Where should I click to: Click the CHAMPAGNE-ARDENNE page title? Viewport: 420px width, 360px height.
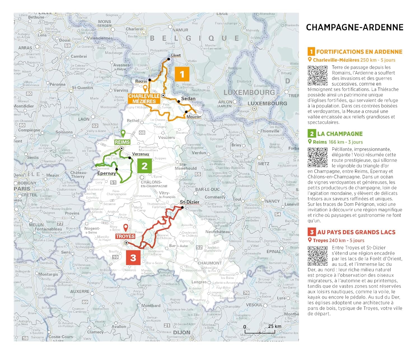[354, 27]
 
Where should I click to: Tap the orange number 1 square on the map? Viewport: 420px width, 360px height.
[182, 74]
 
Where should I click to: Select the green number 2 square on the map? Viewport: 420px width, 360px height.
[144, 166]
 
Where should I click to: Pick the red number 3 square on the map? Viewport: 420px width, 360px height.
[133, 258]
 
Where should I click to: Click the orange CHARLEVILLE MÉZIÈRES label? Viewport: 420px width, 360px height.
[144, 99]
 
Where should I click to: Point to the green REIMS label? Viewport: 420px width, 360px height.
[122, 142]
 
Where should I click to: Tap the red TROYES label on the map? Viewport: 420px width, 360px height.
[125, 236]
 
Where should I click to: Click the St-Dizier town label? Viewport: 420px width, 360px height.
[190, 202]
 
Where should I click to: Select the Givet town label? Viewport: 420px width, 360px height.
[176, 55]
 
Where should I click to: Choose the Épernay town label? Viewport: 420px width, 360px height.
[107, 173]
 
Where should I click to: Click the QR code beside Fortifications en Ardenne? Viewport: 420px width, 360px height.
[318, 76]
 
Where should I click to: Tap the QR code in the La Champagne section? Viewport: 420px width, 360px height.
[318, 157]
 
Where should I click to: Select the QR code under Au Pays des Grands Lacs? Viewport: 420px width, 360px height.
[318, 256]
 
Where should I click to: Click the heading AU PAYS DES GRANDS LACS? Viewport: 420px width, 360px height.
[356, 232]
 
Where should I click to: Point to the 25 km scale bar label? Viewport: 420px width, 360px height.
[274, 326]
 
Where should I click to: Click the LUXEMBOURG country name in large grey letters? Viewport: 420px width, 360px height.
[249, 92]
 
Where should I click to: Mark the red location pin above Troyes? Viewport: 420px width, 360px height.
[126, 227]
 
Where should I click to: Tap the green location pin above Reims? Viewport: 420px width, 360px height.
[123, 133]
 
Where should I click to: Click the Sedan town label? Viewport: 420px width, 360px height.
[188, 99]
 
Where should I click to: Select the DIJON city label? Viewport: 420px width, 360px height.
[182, 333]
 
